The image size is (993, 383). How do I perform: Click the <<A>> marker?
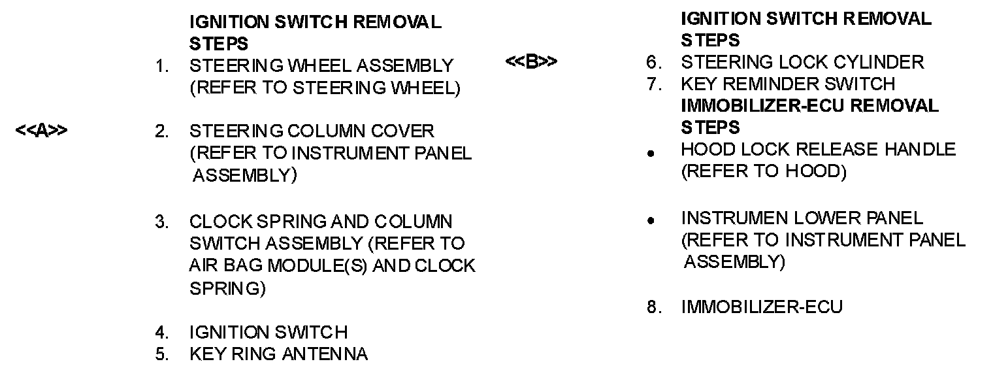[x=41, y=131]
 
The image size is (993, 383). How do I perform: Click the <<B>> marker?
[x=531, y=63]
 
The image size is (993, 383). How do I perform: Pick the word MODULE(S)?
[x=316, y=266]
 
